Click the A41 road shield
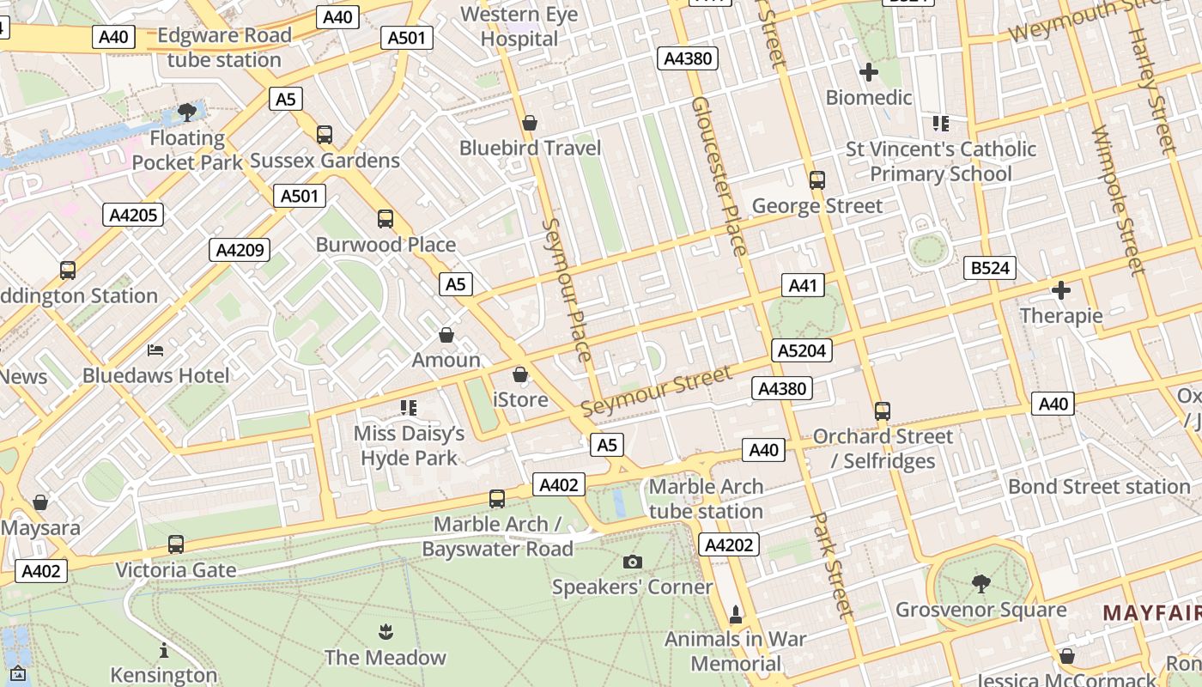pyautogui.click(x=803, y=285)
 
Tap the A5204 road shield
pyautogui.click(x=802, y=350)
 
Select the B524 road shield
pyautogui.click(x=989, y=268)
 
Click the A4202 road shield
pyautogui.click(x=729, y=544)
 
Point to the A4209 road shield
pyautogui.click(x=240, y=250)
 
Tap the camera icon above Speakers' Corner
pyautogui.click(x=633, y=562)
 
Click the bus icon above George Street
pyautogui.click(x=817, y=180)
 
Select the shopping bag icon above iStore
pyautogui.click(x=520, y=374)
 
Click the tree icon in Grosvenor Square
pyautogui.click(x=980, y=585)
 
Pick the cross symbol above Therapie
pyautogui.click(x=1061, y=290)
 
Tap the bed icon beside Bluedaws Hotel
pyautogui.click(x=155, y=350)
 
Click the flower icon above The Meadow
pyautogui.click(x=385, y=633)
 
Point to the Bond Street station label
pyautogui.click(x=1099, y=487)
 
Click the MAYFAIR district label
pyautogui.click(x=1150, y=612)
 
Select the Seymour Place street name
pyautogui.click(x=568, y=289)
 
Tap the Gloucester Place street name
pyautogui.click(x=719, y=176)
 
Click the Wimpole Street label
pyautogui.click(x=1118, y=201)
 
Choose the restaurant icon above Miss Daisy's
pyautogui.click(x=409, y=407)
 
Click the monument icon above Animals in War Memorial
pyautogui.click(x=735, y=615)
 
